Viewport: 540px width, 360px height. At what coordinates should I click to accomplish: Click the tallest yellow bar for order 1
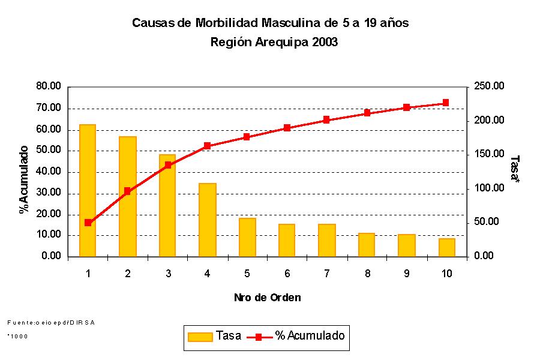[x=88, y=190]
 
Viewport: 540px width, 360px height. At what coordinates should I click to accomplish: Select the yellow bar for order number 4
[x=207, y=220]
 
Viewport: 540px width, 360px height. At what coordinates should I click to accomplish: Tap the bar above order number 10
[x=446, y=247]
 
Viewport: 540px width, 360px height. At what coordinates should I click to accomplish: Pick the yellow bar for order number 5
[x=247, y=237]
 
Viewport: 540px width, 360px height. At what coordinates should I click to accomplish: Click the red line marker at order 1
[x=88, y=223]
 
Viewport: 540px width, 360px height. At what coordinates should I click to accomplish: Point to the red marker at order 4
[x=207, y=146]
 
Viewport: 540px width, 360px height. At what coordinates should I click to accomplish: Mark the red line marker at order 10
[x=446, y=103]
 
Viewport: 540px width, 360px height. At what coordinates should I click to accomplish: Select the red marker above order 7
[x=326, y=120]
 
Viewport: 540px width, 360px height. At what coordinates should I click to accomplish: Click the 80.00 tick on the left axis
[x=49, y=86]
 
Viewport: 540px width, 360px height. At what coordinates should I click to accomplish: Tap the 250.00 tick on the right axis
[x=490, y=86]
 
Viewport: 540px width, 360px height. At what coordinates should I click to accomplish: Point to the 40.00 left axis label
[x=49, y=172]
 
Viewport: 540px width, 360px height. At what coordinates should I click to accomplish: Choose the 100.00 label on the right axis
[x=490, y=188]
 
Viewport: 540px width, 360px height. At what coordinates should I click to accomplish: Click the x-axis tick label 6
[x=287, y=274]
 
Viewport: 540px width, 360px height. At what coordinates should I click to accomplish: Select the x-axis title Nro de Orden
[x=267, y=298]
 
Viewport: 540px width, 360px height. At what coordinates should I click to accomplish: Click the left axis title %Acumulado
[x=24, y=179]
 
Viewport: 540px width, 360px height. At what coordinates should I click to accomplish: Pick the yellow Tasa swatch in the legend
[x=200, y=337]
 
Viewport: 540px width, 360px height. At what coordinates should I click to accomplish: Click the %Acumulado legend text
[x=310, y=336]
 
